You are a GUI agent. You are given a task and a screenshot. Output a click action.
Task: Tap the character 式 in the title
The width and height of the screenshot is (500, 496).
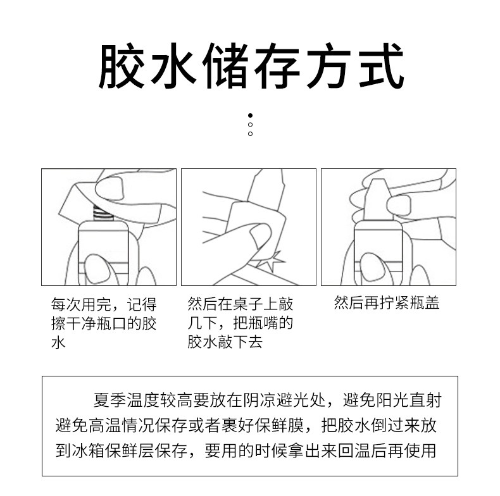382,66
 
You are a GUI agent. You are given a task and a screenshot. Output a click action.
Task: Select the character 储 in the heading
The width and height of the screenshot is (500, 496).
225,66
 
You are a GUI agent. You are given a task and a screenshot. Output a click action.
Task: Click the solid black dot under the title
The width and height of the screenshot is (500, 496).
251,115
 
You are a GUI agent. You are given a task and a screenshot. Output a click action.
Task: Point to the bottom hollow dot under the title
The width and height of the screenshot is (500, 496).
251,133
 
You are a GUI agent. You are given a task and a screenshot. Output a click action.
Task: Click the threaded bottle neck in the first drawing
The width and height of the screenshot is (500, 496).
104,213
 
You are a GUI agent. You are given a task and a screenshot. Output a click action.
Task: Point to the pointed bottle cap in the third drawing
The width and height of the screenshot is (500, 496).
378,199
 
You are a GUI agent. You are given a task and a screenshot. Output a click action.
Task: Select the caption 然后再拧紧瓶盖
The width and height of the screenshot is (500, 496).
387,302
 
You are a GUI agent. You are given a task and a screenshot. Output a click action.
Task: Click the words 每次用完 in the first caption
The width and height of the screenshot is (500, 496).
81,304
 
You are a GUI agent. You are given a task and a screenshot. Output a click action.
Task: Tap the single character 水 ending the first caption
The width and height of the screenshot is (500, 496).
58,343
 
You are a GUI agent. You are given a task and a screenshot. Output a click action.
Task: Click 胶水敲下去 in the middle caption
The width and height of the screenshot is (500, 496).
225,342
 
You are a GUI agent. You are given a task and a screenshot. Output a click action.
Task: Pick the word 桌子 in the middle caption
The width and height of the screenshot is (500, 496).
248,304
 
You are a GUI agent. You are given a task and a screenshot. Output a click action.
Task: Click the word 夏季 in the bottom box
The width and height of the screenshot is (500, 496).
109,400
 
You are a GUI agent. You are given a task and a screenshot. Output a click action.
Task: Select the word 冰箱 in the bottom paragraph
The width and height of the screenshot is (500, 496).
89,450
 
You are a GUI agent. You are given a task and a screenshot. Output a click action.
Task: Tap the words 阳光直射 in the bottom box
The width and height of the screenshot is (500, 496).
409,400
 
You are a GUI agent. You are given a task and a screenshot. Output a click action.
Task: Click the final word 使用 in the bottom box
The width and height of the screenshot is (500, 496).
420,450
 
